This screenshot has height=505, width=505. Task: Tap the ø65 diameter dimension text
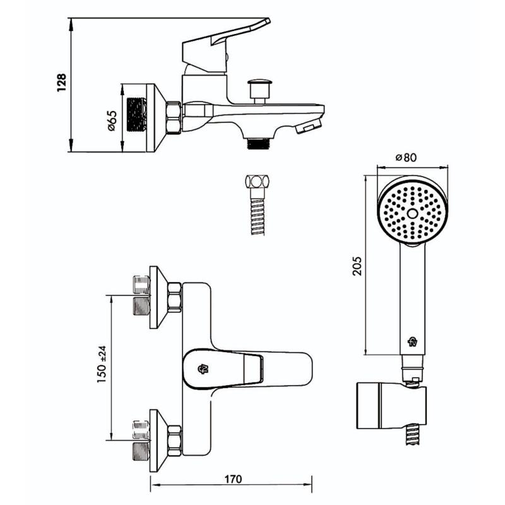(112, 120)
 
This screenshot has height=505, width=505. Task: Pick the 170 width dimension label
(232, 479)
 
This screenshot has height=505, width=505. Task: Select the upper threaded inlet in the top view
(140, 295)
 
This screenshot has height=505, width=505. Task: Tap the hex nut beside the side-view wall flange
(174, 118)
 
